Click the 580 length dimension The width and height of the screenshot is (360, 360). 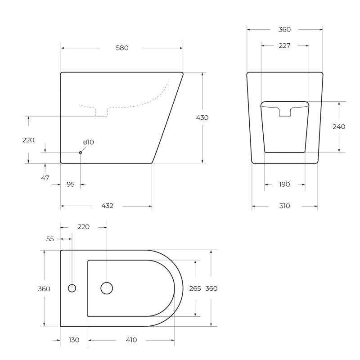[x=122, y=48]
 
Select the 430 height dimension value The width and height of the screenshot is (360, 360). [x=202, y=117]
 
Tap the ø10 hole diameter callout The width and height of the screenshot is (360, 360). [x=88, y=142]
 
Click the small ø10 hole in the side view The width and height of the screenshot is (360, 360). [x=81, y=153]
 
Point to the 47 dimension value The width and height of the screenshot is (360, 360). [x=45, y=178]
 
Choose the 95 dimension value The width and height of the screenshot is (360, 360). [x=70, y=184]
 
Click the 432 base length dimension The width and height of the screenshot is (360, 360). [x=107, y=206]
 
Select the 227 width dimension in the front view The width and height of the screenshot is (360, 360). [x=284, y=45]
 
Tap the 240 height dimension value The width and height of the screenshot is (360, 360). [x=339, y=126]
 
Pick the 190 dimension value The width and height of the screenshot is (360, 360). [x=284, y=184]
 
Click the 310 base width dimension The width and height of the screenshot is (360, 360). [x=284, y=206]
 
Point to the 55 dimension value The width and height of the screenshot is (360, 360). [x=50, y=239]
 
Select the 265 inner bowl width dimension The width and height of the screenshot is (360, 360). [x=195, y=288]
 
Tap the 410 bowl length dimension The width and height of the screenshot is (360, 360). [x=131, y=340]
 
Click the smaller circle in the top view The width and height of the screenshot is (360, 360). [x=72, y=288]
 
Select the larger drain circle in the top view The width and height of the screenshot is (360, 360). [x=107, y=288]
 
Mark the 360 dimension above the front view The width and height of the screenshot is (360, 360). [x=284, y=30]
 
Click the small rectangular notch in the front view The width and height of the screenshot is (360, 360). [x=285, y=112]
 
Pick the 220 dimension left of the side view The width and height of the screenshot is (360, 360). [x=28, y=140]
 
